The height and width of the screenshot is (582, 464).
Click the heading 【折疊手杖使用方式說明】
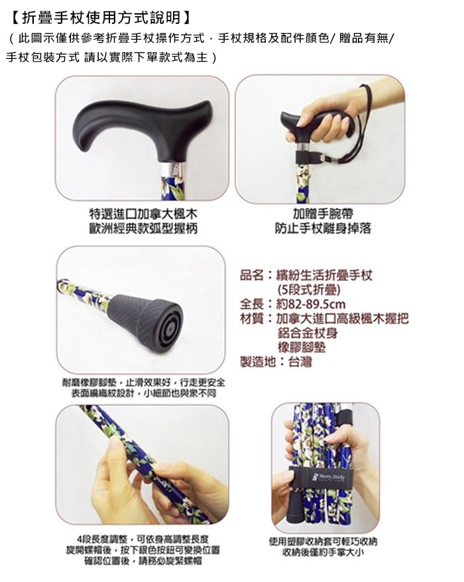(x=101, y=17)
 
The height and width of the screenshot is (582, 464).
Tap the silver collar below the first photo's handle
(x=174, y=170)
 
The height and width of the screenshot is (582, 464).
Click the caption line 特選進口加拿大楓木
(x=143, y=214)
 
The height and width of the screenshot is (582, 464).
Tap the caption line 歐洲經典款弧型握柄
(x=143, y=228)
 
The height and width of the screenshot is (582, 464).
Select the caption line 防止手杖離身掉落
(x=323, y=228)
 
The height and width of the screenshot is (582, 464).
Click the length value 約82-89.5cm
(x=311, y=305)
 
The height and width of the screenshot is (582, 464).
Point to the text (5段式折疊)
(x=309, y=289)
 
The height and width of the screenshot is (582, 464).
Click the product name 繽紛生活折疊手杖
(x=324, y=275)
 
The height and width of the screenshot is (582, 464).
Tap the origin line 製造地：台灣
(x=276, y=362)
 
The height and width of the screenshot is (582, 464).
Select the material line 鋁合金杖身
(x=308, y=333)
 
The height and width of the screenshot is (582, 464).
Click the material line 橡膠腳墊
(x=302, y=348)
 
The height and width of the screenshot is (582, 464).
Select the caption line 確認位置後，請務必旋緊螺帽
(x=143, y=560)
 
